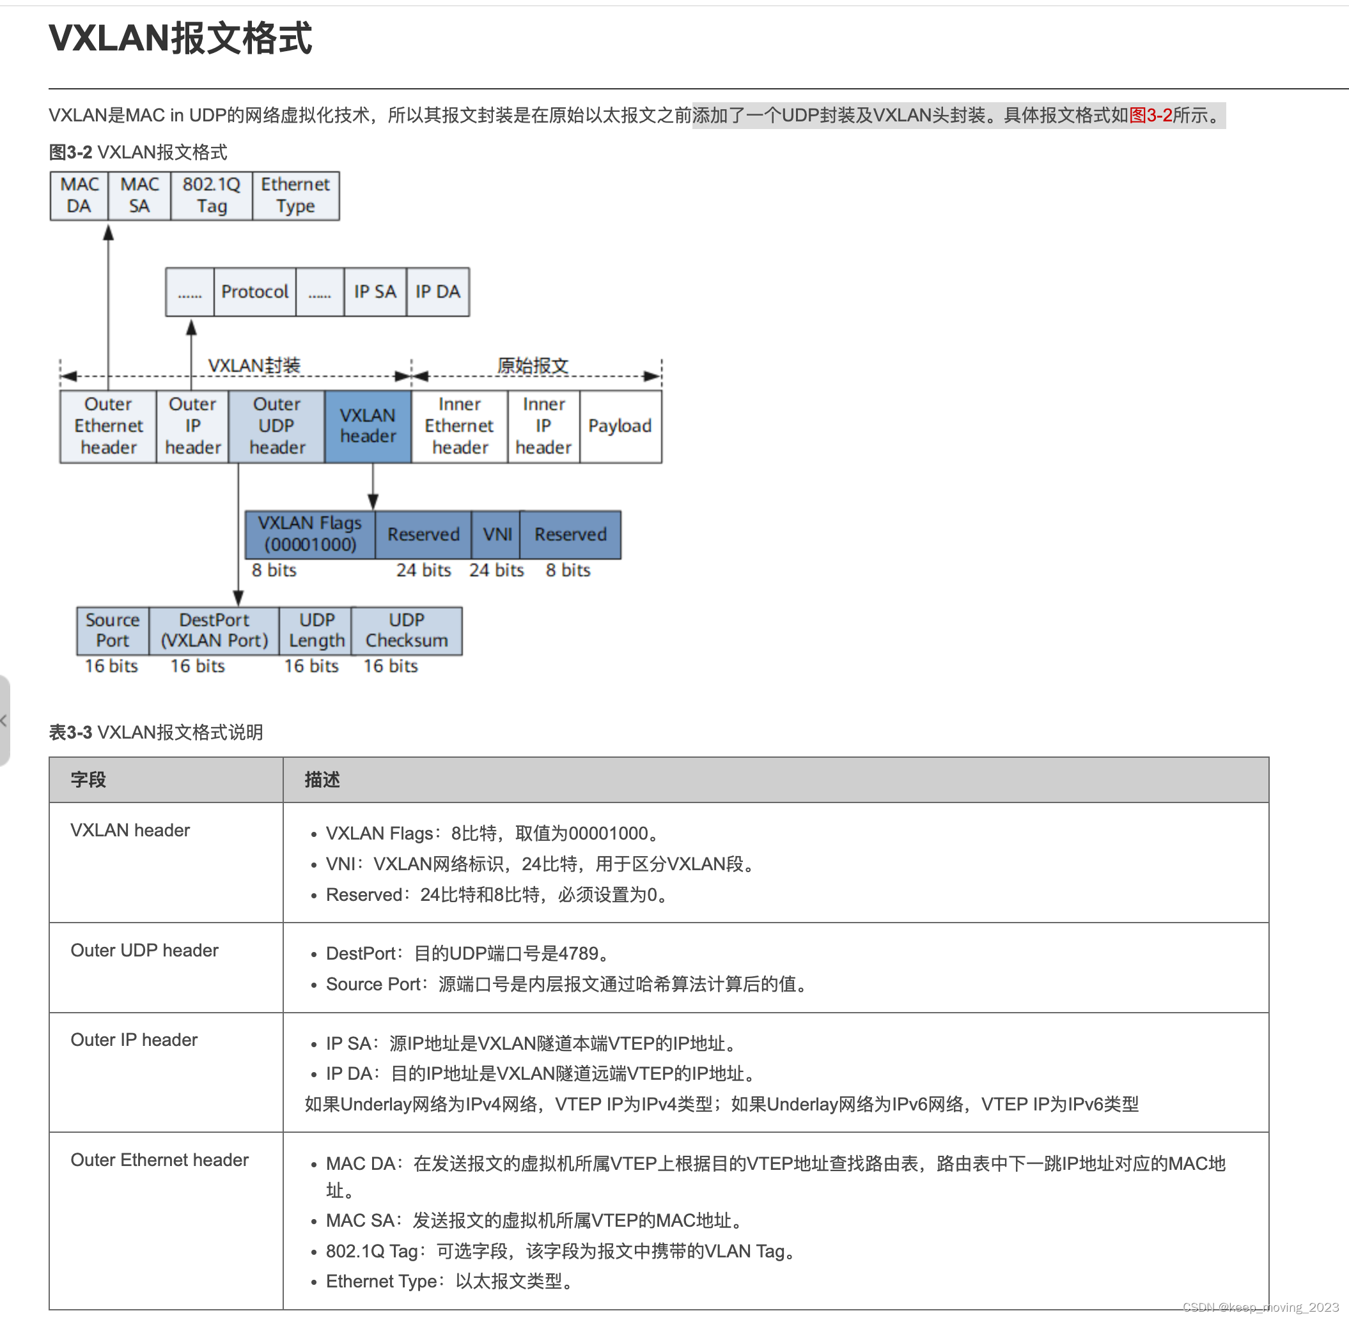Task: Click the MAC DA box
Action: pos(79,196)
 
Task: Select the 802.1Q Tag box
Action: pos(211,196)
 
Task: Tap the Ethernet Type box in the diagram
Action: pos(295,196)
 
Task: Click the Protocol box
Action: pos(254,292)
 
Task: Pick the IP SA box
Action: pos(375,292)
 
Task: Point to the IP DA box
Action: pos(438,292)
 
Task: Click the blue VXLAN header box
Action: pos(368,426)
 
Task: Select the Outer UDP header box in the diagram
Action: pos(277,426)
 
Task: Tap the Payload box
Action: pos(620,426)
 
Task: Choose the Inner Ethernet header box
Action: pos(459,426)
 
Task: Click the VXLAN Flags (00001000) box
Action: pos(310,534)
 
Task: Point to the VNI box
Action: pos(497,534)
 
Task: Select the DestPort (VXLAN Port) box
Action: pos(214,630)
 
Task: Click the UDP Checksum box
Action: pos(407,630)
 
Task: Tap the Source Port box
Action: pos(113,630)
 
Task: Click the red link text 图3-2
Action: pos(1150,115)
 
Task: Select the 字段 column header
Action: pos(88,779)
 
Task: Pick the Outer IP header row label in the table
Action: pos(134,1040)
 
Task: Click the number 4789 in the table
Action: pos(579,953)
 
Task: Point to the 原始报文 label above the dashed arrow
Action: pos(533,365)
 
